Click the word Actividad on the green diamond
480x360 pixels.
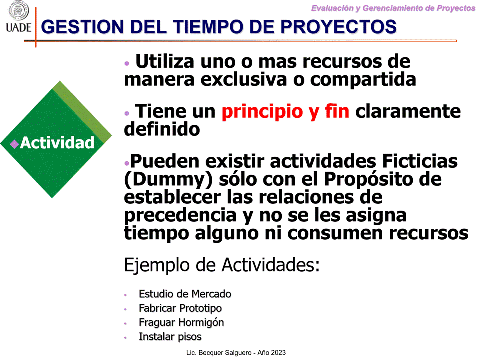[57, 143]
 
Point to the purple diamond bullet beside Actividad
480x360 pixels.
[14, 144]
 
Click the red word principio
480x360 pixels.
[262, 112]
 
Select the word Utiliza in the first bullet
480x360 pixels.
[165, 61]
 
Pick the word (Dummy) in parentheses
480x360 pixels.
[168, 180]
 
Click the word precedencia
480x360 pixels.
[180, 216]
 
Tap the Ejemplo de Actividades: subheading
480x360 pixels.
[222, 265]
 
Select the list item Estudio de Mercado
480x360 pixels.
[185, 294]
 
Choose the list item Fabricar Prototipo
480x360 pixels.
[180, 308]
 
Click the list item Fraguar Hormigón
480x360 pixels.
[181, 323]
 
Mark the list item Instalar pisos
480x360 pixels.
[170, 337]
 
